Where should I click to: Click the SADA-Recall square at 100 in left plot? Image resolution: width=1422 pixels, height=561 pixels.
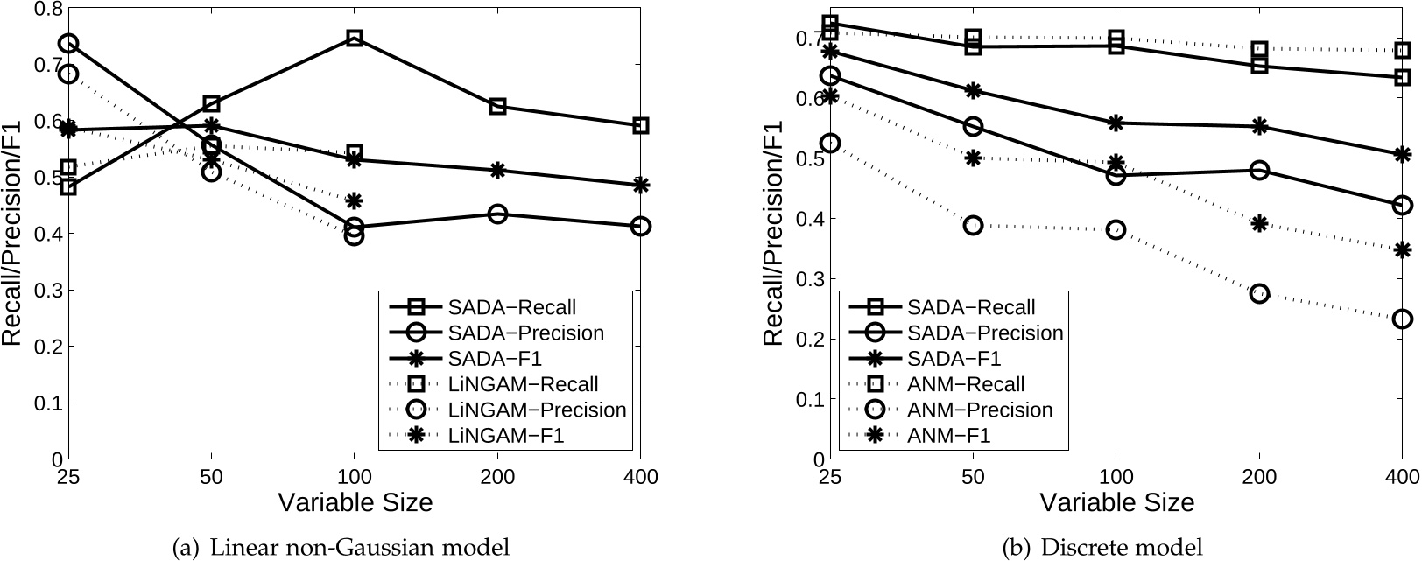pyautogui.click(x=355, y=39)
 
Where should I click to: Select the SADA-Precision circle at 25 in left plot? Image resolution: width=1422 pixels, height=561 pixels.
pyautogui.click(x=68, y=44)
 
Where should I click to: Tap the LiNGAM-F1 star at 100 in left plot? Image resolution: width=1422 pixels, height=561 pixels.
pyautogui.click(x=355, y=201)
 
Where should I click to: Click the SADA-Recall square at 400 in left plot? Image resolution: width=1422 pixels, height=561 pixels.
pyautogui.click(x=640, y=126)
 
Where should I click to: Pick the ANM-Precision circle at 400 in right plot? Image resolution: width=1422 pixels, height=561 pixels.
pyautogui.click(x=1402, y=319)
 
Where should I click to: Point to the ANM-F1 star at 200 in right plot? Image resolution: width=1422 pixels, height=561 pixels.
pyautogui.click(x=1259, y=223)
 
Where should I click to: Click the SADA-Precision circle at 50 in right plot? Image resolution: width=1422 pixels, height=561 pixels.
pyautogui.click(x=973, y=127)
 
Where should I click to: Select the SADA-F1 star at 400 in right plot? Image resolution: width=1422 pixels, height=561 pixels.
pyautogui.click(x=1402, y=155)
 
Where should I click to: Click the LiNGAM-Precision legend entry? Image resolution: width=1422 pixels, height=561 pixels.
pyautogui.click(x=536, y=410)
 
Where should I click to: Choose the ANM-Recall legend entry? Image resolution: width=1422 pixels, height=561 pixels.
pyautogui.click(x=966, y=384)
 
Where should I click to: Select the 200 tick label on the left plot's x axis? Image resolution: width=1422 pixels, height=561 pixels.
pyautogui.click(x=497, y=478)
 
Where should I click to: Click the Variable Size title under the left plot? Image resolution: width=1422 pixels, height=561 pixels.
pyautogui.click(x=355, y=503)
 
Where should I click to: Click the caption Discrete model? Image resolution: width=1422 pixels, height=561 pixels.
pyautogui.click(x=1103, y=548)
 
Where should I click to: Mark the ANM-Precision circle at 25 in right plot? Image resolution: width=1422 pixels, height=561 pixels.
pyautogui.click(x=830, y=144)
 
